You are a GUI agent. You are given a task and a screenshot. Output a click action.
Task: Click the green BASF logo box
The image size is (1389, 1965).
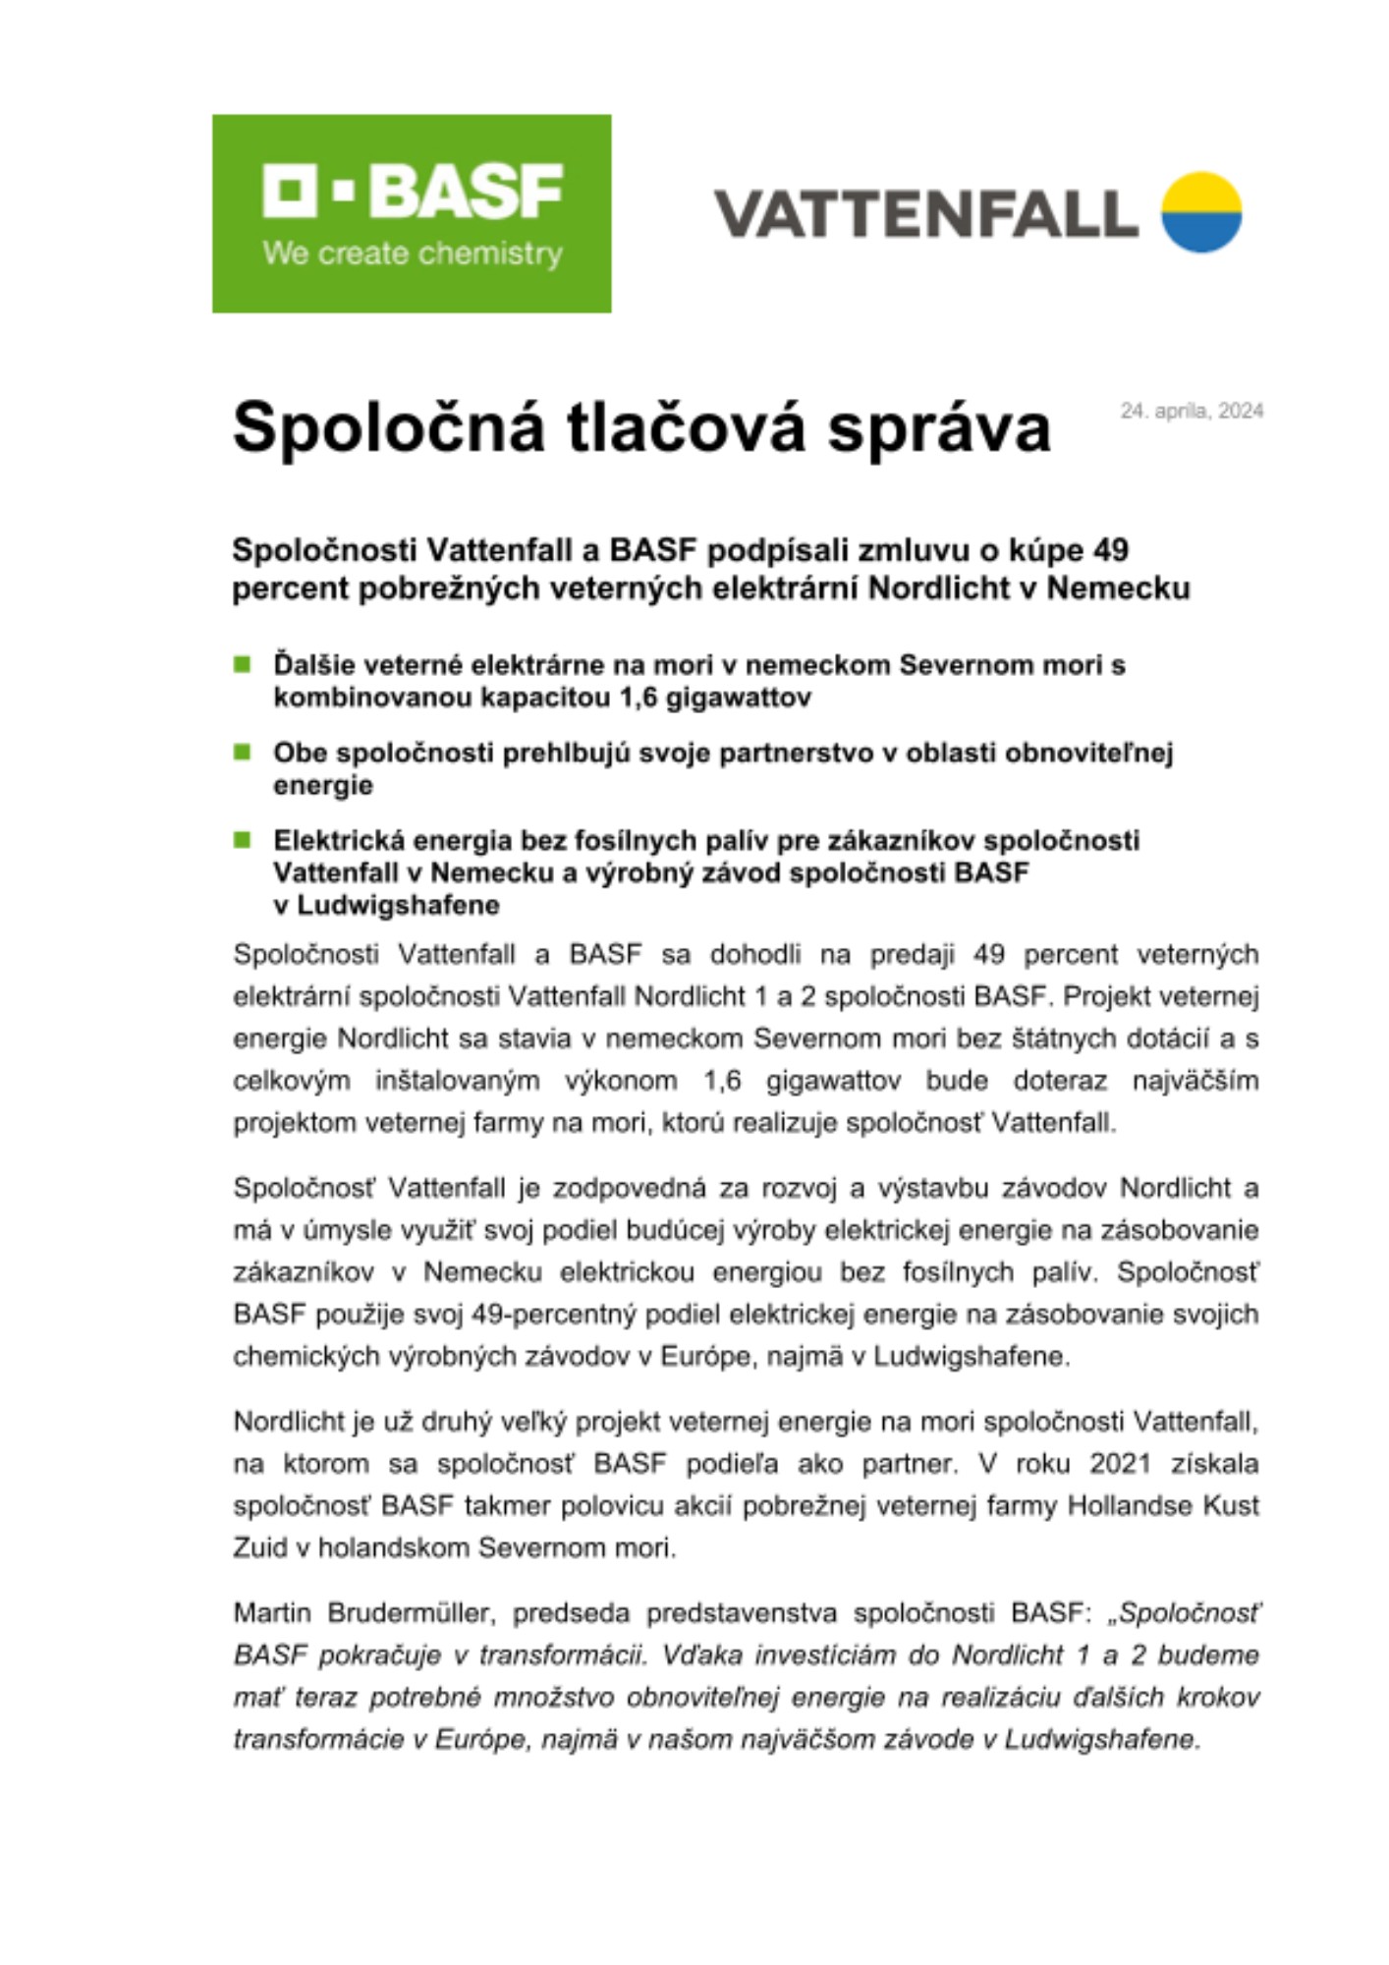tap(412, 213)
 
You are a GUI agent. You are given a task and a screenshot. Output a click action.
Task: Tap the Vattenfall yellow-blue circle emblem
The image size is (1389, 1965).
tap(1201, 212)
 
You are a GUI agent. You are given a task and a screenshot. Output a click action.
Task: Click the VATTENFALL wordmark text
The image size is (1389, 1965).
tap(925, 214)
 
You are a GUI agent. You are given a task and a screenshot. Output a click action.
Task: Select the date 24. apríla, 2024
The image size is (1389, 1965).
tap(1192, 411)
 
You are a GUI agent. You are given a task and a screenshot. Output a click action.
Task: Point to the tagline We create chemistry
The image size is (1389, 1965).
tap(413, 253)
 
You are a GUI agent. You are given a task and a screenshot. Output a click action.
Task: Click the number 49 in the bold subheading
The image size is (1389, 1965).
tap(1110, 550)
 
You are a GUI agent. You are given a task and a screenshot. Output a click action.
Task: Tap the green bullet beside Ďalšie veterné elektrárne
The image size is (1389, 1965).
tap(243, 665)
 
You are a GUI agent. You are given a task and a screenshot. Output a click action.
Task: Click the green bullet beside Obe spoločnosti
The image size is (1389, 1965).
tap(243, 753)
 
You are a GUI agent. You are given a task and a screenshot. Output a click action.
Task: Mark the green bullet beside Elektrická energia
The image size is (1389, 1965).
tap(243, 840)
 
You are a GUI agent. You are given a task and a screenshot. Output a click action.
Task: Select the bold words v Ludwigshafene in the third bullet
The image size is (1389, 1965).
tap(386, 905)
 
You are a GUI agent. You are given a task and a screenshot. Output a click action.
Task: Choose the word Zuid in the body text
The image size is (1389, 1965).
tap(258, 1547)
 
